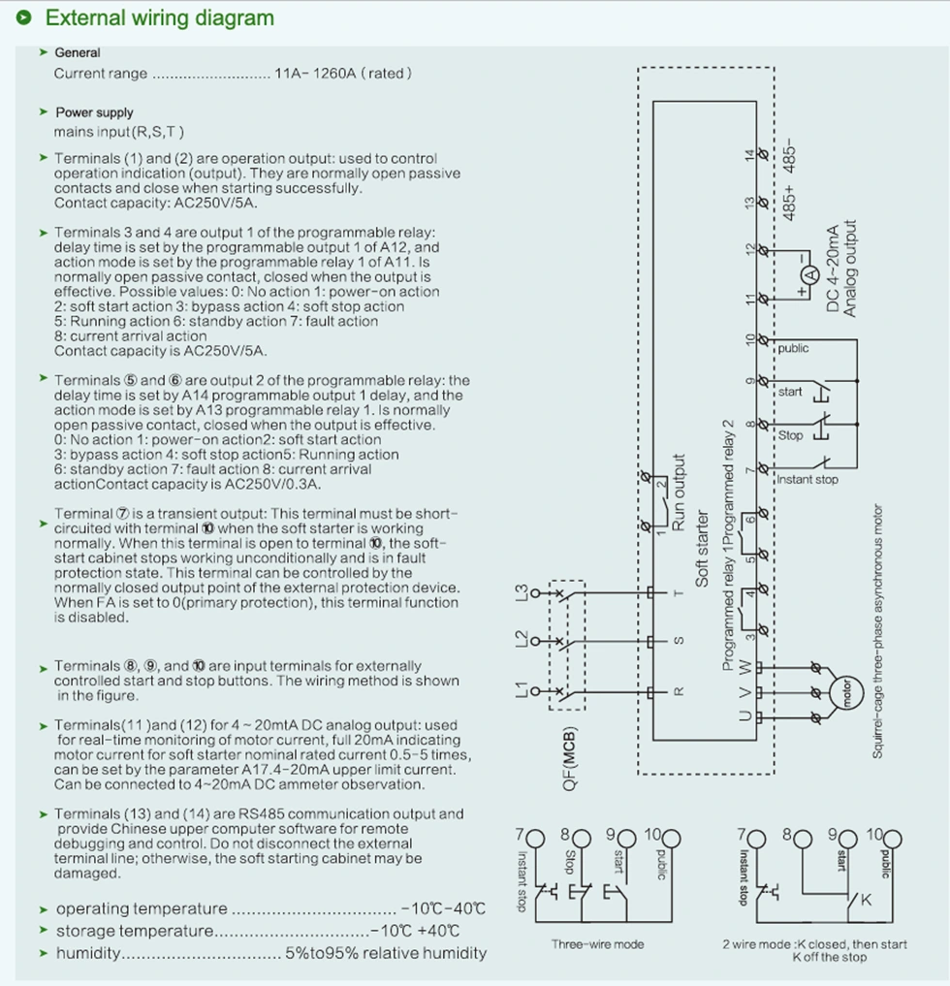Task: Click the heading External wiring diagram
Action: (160, 18)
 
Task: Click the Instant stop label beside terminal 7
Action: (807, 479)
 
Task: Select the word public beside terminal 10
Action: (793, 348)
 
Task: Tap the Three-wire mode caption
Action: (597, 943)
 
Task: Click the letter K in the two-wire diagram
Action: (866, 900)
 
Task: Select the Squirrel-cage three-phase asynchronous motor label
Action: (877, 630)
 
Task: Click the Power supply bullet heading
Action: (94, 112)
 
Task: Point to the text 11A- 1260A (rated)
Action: (344, 74)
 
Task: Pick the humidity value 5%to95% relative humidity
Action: (385, 953)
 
